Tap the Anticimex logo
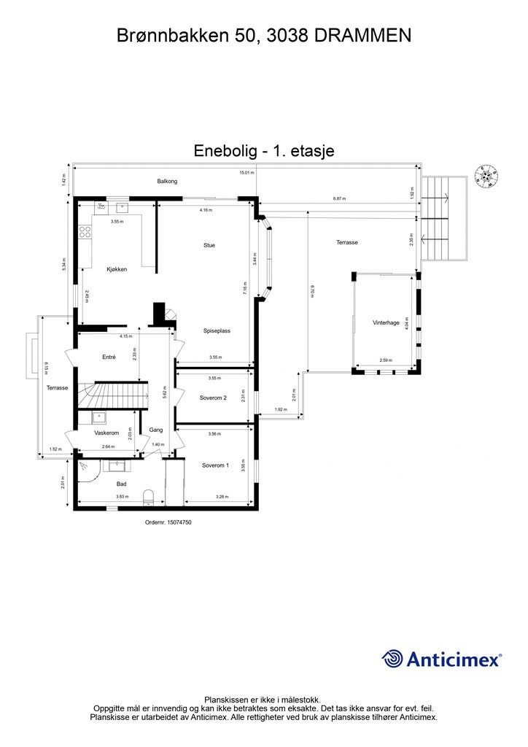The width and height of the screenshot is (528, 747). (442, 659)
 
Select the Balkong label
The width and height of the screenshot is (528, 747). (167, 181)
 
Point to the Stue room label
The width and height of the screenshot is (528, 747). (209, 245)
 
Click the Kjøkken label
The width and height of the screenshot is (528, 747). (116, 269)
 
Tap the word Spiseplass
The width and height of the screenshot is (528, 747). (217, 330)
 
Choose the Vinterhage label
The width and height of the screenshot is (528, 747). (386, 322)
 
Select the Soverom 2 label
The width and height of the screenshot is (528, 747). (214, 398)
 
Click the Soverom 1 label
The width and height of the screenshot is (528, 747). (215, 465)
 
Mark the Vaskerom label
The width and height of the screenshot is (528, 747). (106, 433)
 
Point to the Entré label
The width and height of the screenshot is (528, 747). (109, 357)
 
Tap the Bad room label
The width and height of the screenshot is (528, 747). (122, 483)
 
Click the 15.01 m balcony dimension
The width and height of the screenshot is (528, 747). (246, 173)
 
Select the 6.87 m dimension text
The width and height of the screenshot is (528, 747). (339, 198)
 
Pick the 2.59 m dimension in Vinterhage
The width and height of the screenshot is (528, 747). (386, 361)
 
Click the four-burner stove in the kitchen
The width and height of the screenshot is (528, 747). (85, 233)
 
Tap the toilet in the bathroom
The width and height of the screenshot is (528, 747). (149, 498)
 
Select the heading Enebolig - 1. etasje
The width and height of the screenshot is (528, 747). (264, 151)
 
